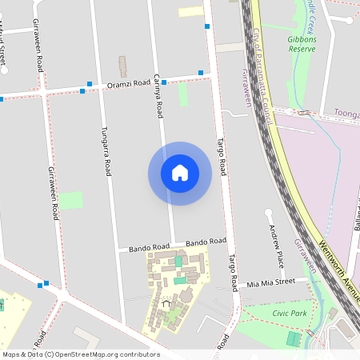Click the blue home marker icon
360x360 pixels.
tap(180, 173)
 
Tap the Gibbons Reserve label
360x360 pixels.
tap(302, 43)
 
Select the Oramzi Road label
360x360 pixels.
tap(129, 82)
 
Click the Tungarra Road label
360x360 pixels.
tap(105, 150)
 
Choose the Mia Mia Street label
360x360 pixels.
tap(270, 282)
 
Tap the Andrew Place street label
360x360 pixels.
tap(277, 246)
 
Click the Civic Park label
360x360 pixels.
tap(289, 313)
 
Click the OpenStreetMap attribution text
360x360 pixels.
tap(81, 354)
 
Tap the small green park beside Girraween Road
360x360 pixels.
tap(70, 200)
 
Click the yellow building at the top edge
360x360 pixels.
tap(190, 11)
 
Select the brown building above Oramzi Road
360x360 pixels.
tap(122, 66)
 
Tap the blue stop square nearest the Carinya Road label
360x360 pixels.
tap(163, 82)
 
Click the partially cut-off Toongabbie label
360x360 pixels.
tap(346, 114)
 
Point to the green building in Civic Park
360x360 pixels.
tap(293, 339)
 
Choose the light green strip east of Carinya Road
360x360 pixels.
tap(183, 94)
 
